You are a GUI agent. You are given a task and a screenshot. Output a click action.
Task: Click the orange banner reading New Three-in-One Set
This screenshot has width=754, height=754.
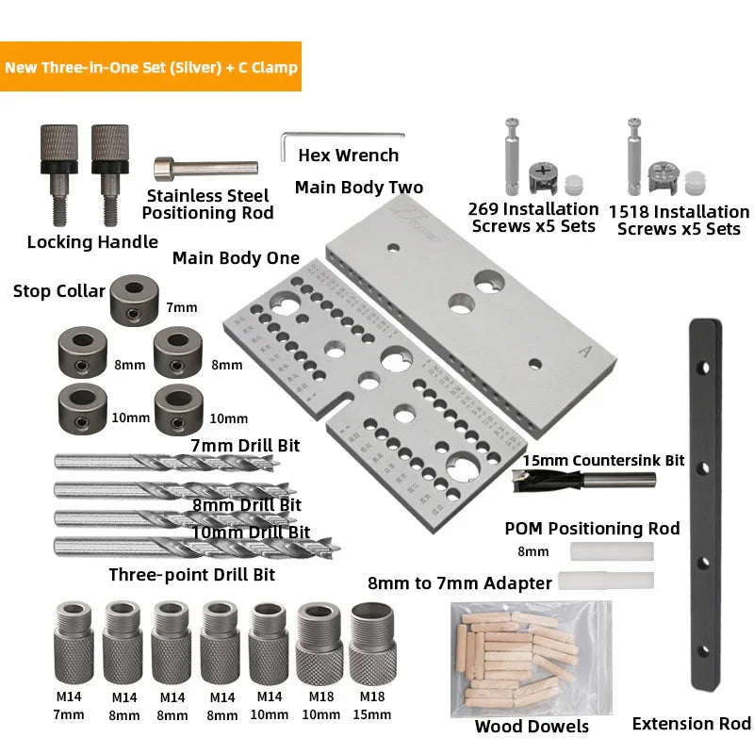coord(151,67)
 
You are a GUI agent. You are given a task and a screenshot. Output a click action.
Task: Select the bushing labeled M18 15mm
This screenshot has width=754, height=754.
coord(371,647)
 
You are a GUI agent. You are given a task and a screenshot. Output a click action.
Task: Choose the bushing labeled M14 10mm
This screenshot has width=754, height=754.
coord(269,647)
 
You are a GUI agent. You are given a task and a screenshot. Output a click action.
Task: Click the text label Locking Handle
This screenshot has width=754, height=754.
coord(92,242)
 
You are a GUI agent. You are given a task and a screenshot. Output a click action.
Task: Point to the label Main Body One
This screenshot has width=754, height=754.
coord(236,258)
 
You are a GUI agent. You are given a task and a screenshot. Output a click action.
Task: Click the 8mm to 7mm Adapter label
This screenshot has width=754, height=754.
coord(459,583)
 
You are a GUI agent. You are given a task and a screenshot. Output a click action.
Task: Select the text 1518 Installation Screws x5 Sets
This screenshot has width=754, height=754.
coord(679,221)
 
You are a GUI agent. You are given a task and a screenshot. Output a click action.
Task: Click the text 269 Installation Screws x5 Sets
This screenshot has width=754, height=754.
coord(533,217)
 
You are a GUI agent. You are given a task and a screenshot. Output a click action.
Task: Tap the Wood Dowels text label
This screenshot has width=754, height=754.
coord(532,726)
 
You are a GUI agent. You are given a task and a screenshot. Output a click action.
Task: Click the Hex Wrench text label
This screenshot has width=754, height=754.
coord(349,156)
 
